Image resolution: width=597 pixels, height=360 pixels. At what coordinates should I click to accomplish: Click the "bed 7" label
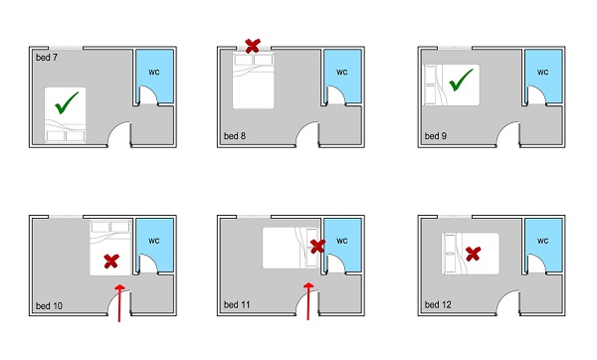tap(47, 58)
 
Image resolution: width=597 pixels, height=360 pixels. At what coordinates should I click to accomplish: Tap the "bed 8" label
tap(235, 136)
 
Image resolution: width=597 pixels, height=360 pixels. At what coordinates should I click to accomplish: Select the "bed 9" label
tap(436, 136)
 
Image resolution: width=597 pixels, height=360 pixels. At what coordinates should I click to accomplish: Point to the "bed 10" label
tap(49, 305)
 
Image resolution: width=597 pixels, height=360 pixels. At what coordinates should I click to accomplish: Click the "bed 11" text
tap(237, 304)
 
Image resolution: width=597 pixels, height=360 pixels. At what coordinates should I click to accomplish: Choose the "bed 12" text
tap(438, 304)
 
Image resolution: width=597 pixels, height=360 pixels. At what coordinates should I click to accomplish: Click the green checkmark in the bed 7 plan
tap(67, 102)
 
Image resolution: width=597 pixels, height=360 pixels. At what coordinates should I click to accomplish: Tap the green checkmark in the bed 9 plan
tap(461, 80)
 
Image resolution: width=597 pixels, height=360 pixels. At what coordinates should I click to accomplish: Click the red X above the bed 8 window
tap(253, 46)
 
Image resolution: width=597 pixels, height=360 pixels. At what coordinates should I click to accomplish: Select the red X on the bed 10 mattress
tap(111, 262)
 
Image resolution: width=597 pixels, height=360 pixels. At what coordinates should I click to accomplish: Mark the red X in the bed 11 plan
tap(317, 247)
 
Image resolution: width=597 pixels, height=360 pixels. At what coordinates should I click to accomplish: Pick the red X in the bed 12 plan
tap(473, 254)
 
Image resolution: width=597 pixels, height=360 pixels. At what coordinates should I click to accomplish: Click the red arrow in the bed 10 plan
tap(120, 303)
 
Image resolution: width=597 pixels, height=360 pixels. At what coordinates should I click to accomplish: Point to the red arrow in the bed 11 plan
tap(308, 301)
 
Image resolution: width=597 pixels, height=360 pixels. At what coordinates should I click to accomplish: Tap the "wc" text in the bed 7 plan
tap(154, 72)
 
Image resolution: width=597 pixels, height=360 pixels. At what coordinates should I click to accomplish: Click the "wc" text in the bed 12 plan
tap(543, 241)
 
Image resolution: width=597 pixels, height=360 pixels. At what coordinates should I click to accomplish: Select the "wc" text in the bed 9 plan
tap(543, 72)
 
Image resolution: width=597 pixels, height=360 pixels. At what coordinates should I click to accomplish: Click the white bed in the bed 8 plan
tap(253, 81)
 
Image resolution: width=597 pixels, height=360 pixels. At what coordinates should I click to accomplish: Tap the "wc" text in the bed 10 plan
tap(154, 241)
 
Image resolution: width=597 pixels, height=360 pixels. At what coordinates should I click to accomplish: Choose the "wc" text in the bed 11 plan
tap(342, 241)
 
